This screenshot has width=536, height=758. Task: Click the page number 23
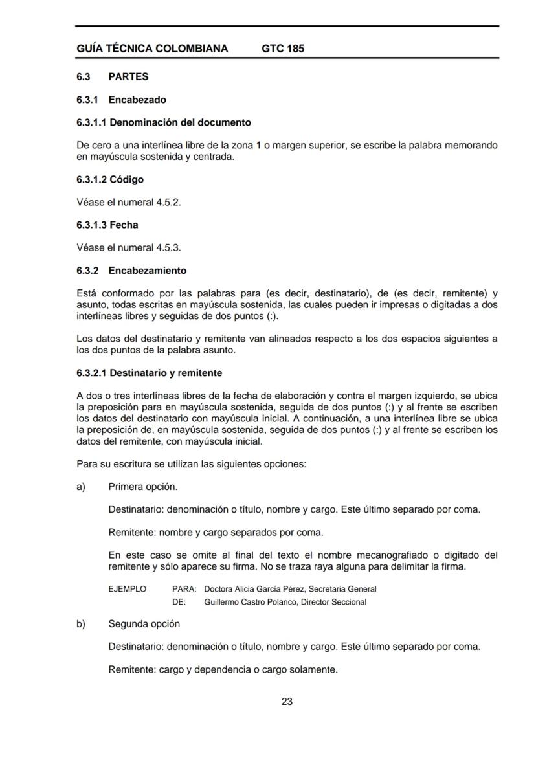pos(287,701)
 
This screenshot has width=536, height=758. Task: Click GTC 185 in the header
pos(283,49)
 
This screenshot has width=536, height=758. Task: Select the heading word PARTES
pos(128,77)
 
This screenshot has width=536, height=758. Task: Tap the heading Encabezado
pos(137,100)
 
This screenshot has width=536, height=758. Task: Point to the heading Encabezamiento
pos(147,271)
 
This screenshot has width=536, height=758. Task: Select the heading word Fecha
pos(124,225)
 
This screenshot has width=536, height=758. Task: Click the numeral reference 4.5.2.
pos(167,202)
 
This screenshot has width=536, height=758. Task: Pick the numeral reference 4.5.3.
pos(167,247)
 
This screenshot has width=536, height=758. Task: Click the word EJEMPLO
pos(128,589)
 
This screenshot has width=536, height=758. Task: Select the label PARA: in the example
pos(184,589)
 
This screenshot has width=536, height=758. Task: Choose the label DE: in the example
pos(179,602)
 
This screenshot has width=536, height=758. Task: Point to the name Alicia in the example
pos(247,589)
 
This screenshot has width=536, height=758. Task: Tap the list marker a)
pos(81,487)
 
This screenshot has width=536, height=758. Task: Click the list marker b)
pos(81,624)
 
